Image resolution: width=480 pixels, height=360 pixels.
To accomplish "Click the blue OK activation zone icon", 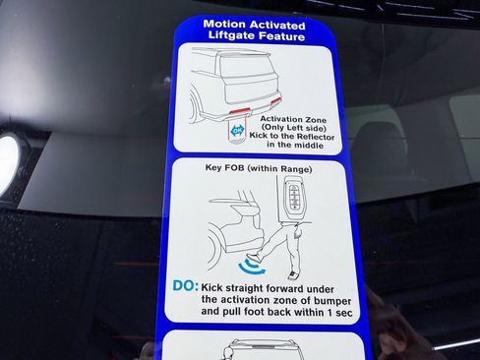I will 237,129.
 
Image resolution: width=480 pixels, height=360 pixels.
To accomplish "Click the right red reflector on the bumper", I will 275,100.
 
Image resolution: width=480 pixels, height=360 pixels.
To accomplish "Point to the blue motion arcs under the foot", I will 254,264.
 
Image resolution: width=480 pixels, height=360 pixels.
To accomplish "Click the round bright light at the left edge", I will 8,162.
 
